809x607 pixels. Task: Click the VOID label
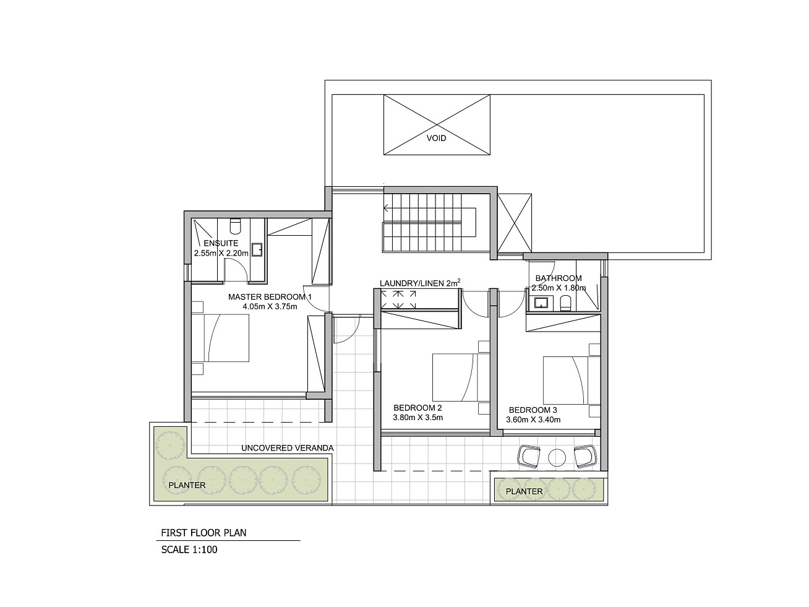(x=436, y=138)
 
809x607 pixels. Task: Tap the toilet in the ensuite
(x=235, y=226)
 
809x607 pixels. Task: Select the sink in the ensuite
(x=257, y=249)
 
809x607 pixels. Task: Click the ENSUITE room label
(x=221, y=243)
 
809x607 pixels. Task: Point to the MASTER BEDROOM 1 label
(x=270, y=296)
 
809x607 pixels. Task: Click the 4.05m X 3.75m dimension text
(x=270, y=306)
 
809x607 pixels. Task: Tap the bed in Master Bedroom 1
(x=220, y=338)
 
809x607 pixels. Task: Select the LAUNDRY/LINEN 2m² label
(x=420, y=283)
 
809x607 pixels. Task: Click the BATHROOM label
(x=559, y=278)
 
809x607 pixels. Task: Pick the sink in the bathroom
(x=541, y=303)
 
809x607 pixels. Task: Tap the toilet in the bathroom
(x=565, y=303)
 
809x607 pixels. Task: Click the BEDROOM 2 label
(x=417, y=408)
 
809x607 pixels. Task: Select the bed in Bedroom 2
(x=461, y=377)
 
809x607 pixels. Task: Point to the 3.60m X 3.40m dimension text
(x=533, y=420)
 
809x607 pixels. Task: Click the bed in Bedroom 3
(x=571, y=380)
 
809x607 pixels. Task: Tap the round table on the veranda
(x=557, y=458)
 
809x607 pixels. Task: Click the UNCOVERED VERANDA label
(x=288, y=448)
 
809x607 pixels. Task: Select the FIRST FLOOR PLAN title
(x=203, y=533)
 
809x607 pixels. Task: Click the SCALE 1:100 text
(x=189, y=549)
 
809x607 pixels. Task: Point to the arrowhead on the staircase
(x=385, y=209)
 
